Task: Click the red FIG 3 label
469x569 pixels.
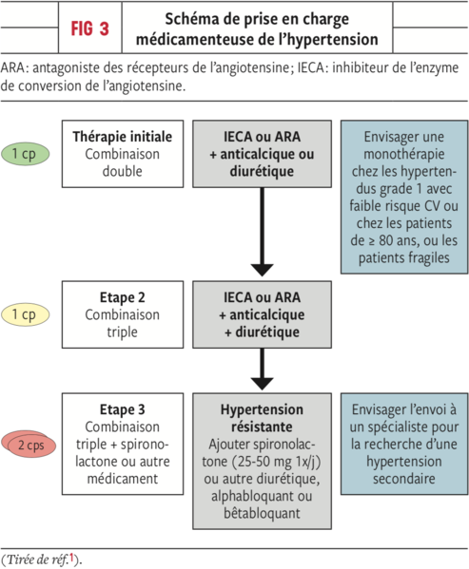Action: point(89,28)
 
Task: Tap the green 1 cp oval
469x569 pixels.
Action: point(25,154)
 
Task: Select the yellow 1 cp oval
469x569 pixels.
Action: point(25,314)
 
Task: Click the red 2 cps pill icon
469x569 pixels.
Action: point(29,445)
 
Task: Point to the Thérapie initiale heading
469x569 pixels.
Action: point(123,137)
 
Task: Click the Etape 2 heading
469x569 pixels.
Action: point(123,297)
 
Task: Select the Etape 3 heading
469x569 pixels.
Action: point(123,409)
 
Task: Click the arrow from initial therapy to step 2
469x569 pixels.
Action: point(262,232)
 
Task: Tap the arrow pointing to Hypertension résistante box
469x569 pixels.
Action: point(262,370)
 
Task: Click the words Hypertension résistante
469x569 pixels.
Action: point(262,418)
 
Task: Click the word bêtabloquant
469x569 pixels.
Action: point(262,514)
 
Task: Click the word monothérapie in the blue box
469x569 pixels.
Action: point(404,154)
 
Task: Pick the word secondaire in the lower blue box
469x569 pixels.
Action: point(404,479)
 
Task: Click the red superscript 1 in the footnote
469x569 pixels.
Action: point(71,558)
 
